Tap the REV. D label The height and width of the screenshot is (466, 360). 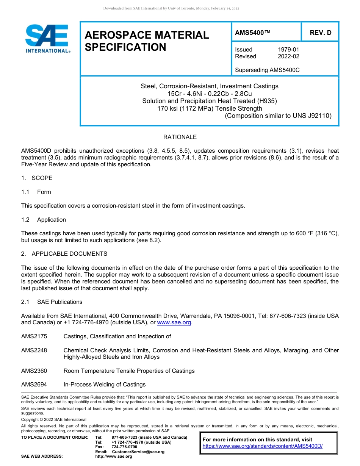point(320,33)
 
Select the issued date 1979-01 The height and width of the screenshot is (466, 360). point(288,50)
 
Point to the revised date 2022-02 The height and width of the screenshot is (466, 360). point(288,56)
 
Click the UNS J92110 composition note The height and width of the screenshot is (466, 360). point(278,116)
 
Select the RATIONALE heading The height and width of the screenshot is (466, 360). point(180,137)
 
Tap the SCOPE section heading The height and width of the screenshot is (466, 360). point(42,178)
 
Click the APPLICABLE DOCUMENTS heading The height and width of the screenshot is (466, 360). point(69,254)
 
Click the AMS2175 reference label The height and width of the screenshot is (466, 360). point(34,336)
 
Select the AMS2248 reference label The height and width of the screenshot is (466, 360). point(34,350)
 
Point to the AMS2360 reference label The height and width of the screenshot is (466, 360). point(34,371)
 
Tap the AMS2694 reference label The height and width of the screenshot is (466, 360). point(34,385)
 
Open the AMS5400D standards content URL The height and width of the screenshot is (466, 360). point(262,446)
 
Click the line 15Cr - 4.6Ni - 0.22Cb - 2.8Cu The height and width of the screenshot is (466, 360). point(210,94)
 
